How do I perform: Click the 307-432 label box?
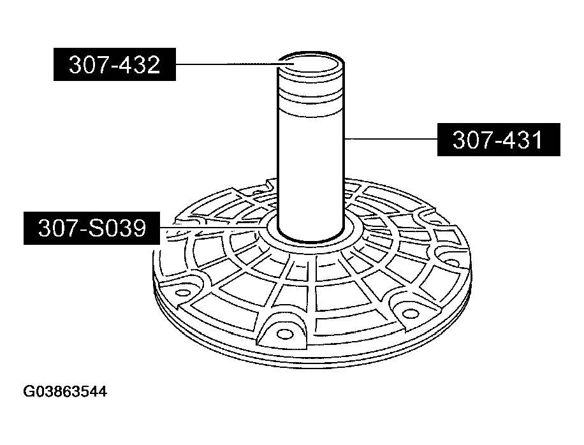pyautogui.click(x=114, y=66)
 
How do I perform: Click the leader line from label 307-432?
pyautogui.click(x=230, y=64)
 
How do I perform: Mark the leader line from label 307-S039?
pyautogui.click(x=210, y=226)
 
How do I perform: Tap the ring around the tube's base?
pyautogui.click(x=311, y=237)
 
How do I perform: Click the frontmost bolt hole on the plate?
pyautogui.click(x=281, y=331)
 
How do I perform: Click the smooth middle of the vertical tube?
pyautogui.click(x=312, y=166)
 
